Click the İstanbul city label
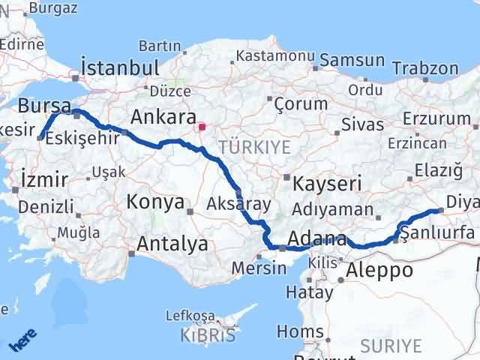pos(120,67)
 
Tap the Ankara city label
pos(163,117)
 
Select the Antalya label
pos(173,244)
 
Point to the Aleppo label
pos(382,270)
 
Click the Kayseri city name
pos(327,183)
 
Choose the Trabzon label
pos(425,68)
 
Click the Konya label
pos(156,202)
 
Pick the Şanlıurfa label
pos(438,233)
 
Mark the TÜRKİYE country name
pos(255,147)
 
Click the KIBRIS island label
pos(208,335)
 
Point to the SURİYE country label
pos(391,346)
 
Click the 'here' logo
pos(23,341)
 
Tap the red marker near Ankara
pos(202,127)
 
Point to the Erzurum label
pos(436,118)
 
